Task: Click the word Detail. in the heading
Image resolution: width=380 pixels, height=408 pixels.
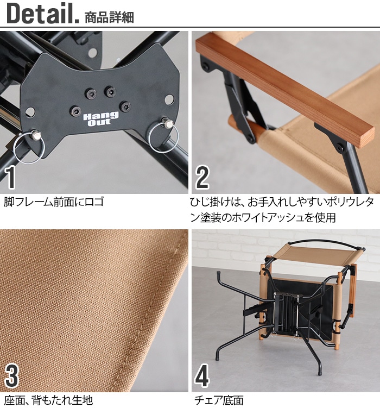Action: coord(42,15)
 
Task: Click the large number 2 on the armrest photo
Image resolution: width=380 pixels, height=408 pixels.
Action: coord(202,177)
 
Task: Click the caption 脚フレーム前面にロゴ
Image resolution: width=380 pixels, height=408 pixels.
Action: coord(53,202)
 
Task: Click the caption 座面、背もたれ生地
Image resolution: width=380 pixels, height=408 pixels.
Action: coord(48,400)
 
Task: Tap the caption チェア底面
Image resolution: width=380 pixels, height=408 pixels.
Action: coord(219,400)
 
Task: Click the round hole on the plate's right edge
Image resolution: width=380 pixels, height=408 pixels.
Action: coord(169,99)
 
